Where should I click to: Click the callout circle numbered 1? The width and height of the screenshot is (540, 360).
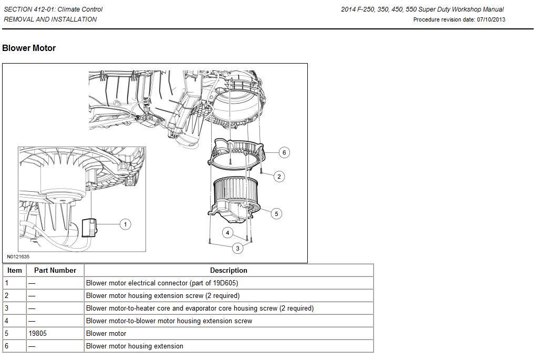(125, 224)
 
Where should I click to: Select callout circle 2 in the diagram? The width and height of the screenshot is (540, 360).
(279, 177)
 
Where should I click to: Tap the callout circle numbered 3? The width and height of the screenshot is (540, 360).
(238, 248)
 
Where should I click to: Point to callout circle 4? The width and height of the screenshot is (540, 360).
(227, 233)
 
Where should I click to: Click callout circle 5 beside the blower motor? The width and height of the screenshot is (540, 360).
(276, 213)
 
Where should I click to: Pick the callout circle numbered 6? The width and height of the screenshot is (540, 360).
(284, 152)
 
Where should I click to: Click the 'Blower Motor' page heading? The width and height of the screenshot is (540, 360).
(29, 48)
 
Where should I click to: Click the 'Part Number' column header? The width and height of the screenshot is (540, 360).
(55, 271)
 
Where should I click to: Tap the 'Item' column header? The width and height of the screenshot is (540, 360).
(15, 271)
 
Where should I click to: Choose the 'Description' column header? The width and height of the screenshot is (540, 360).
(229, 271)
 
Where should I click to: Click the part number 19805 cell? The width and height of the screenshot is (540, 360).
(38, 334)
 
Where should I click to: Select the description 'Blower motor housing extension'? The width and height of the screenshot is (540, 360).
(134, 346)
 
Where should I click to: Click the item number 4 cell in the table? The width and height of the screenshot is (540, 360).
(7, 321)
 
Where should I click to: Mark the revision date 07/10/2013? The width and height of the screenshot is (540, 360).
(491, 20)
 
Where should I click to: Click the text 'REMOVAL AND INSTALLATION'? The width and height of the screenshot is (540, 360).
(50, 19)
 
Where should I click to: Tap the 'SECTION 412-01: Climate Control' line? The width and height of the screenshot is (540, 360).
(53, 9)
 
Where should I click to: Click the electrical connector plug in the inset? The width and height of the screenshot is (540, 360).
(89, 228)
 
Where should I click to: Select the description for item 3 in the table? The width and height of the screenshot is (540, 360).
(200, 308)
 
